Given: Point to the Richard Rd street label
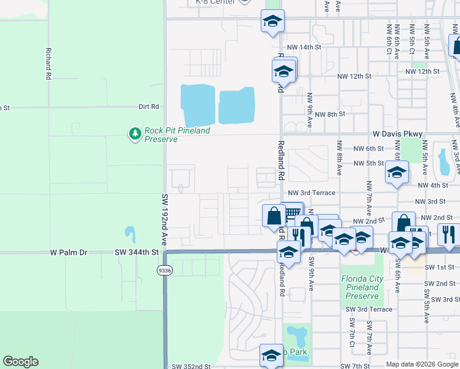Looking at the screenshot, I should point(47,64).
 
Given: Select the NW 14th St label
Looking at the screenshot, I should point(304,47).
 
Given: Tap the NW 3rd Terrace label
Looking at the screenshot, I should point(311,192).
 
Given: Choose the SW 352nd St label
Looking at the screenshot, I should point(191,366).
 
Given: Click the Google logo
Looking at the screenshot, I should point(20,362).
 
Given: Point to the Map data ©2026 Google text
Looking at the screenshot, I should point(422,364).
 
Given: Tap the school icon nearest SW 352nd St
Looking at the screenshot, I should point(271,355).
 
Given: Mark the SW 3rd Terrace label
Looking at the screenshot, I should point(368,309).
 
